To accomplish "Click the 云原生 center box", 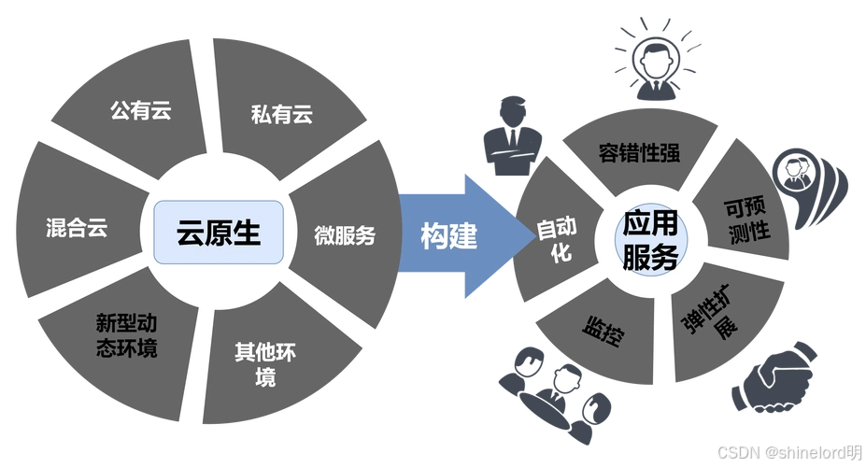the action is tap(219, 231).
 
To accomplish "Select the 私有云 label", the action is tap(281, 115).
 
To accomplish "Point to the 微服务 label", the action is tap(344, 234).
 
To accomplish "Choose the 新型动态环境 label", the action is tap(126, 336).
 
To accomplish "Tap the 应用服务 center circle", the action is tap(650, 239).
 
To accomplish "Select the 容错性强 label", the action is tap(638, 152).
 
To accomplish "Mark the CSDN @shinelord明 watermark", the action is tap(788, 451).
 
